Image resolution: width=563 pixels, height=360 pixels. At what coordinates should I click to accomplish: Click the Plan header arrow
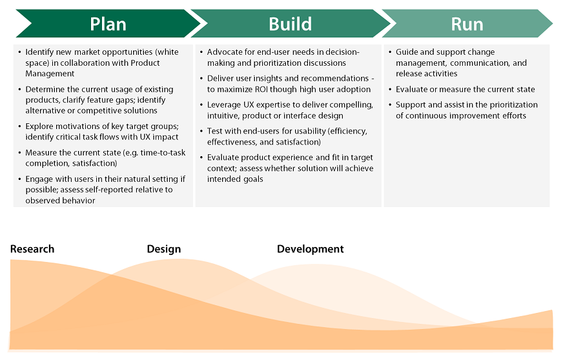click(108, 25)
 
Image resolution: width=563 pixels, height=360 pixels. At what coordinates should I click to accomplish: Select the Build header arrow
click(290, 25)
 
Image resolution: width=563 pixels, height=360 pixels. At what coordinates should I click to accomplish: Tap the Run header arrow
click(467, 25)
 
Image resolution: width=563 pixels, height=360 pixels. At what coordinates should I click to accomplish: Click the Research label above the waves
click(32, 249)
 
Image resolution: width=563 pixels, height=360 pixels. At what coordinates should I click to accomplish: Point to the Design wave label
click(163, 249)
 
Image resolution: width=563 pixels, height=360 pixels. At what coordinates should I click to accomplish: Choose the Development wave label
click(310, 249)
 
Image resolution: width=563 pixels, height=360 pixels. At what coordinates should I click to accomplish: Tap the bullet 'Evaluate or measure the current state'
click(465, 89)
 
